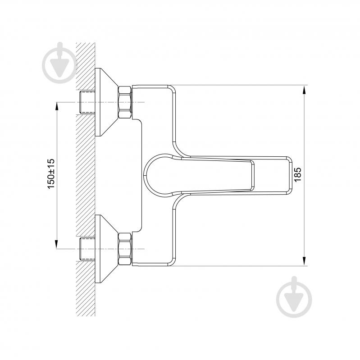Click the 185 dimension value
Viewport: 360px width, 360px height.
tap(297, 174)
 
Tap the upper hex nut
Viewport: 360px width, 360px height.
tap(125, 102)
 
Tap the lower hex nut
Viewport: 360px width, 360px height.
tap(125, 249)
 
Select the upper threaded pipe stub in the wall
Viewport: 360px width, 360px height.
tap(87, 102)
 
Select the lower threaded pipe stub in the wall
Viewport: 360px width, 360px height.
tap(87, 249)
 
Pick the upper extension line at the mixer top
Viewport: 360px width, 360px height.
tap(239, 85)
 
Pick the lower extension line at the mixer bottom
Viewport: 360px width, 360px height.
tap(239, 266)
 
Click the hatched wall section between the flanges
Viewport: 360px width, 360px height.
tap(86, 176)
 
